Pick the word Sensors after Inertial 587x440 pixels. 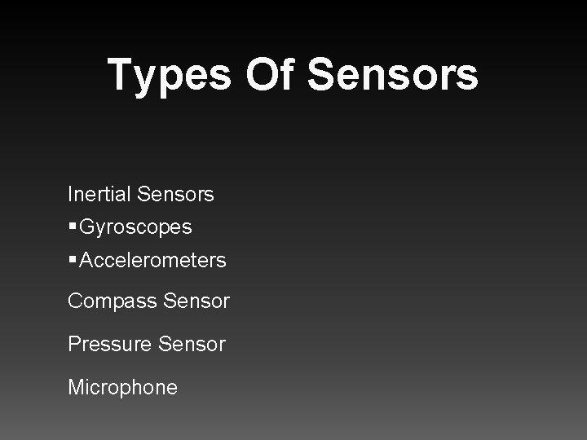176,195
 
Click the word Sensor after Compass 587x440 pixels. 196,301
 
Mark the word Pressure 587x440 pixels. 109,344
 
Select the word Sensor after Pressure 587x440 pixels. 192,344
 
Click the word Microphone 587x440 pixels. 122,386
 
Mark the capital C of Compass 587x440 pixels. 75,301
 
